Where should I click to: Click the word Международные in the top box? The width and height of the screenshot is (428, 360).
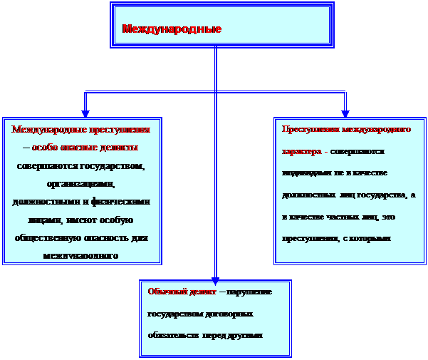pos(172,29)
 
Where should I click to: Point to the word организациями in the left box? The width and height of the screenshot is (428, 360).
pos(83,183)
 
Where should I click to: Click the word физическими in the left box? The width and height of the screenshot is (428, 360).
pos(121,202)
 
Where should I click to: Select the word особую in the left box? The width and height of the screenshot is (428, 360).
pos(118,220)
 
